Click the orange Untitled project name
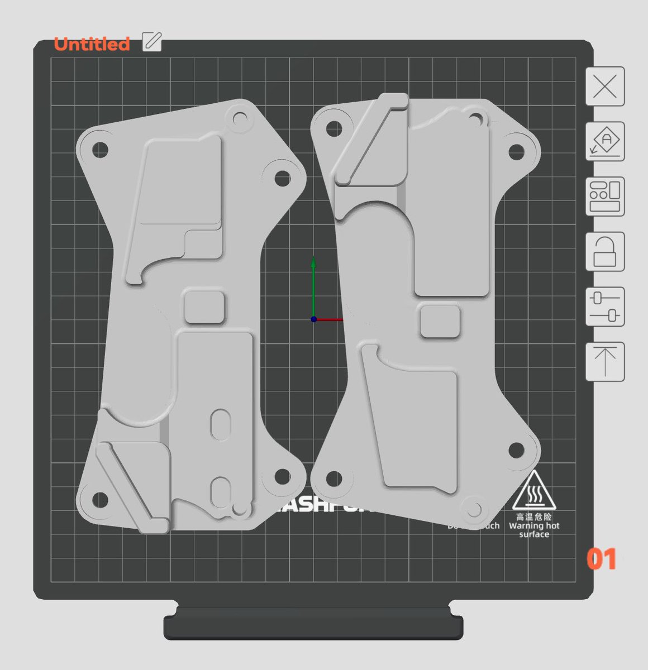coord(92,44)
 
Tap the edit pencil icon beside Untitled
coord(152,42)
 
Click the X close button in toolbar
coord(604,87)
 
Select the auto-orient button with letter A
coord(604,142)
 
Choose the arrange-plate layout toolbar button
coord(604,197)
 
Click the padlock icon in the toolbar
coord(604,252)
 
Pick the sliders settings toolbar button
coord(604,307)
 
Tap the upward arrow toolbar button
coord(604,362)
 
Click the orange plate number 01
coord(601,559)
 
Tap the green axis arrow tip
coord(313,261)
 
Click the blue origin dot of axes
coord(314,319)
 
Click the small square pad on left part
coord(204,306)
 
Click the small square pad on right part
coord(440,321)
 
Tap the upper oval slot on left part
coord(221,424)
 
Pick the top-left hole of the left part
coord(100,150)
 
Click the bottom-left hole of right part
coord(333,478)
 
